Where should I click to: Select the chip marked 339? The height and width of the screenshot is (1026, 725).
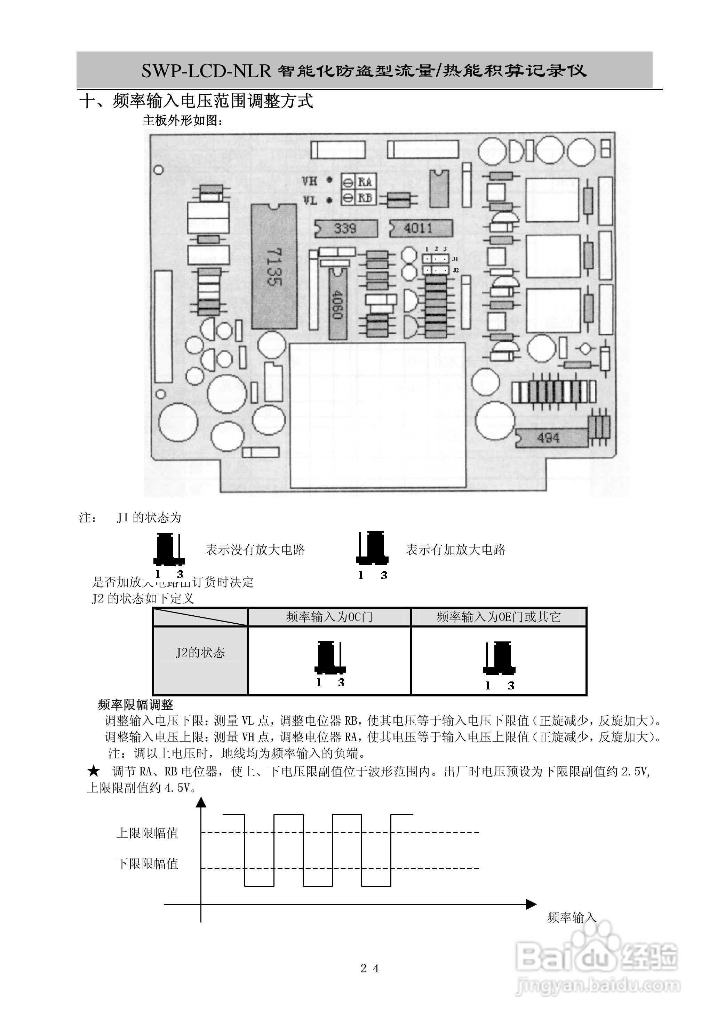coord(345,229)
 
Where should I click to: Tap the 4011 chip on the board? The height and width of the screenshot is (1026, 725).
coord(420,229)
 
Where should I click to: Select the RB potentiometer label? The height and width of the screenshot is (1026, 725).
coord(365,198)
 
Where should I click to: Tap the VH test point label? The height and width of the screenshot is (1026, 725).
coord(310,181)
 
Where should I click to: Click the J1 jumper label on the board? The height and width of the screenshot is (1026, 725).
coord(455,259)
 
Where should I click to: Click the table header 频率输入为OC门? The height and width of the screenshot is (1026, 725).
coord(329,617)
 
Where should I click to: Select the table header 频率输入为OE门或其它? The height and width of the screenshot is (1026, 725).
coord(499,617)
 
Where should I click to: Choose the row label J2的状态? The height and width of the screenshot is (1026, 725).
coord(200,653)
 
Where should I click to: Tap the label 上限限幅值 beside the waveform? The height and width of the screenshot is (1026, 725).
coord(148,833)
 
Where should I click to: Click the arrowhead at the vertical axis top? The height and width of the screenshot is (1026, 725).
coord(201,803)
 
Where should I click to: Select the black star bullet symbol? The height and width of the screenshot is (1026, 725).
coord(93,771)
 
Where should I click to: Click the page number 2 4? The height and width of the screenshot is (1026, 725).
coord(369,968)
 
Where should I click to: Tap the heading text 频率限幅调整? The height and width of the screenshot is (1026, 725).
coord(135,705)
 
